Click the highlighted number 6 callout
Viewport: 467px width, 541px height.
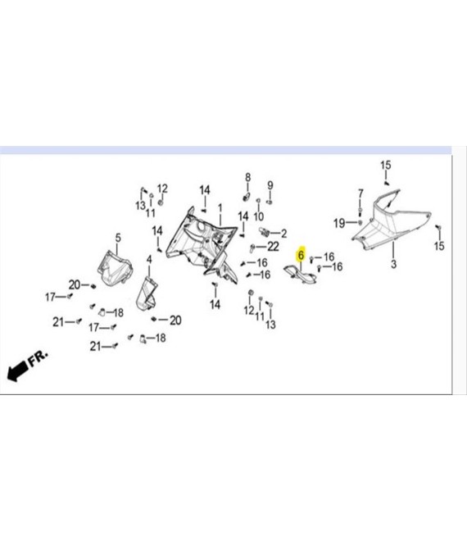coord(302,255)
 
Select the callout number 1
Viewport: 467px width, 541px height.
coord(220,208)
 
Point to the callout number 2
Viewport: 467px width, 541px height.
coord(283,234)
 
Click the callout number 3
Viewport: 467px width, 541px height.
coord(393,264)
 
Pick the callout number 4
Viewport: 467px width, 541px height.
coord(149,260)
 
